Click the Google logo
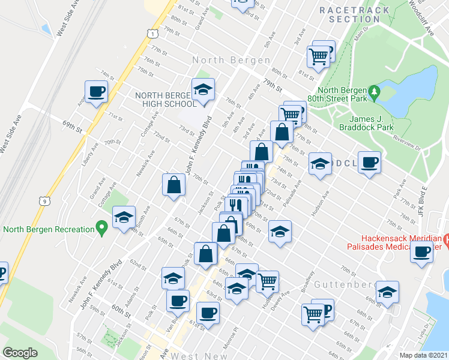(x=20, y=353)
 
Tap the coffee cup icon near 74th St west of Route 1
(x=96, y=92)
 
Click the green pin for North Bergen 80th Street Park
(x=375, y=92)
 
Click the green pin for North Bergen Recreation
(x=101, y=229)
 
